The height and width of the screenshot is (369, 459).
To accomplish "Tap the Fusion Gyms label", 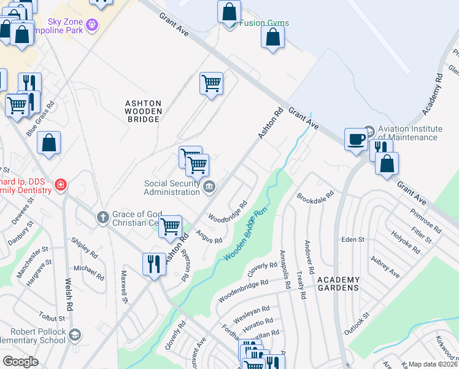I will [264, 23].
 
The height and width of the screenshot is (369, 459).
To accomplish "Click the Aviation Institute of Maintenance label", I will [410, 133].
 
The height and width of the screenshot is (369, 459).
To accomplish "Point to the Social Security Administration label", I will [172, 188].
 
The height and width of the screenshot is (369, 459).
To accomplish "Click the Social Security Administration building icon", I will [209, 187].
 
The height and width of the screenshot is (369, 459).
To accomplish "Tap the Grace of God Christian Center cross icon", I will [102, 216].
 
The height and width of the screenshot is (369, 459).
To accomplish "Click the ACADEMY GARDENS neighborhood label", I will [338, 284].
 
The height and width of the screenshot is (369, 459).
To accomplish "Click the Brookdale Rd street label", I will [315, 196].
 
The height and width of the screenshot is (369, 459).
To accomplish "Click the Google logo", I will [20, 361].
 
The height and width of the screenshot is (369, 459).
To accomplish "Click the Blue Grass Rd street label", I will [40, 119].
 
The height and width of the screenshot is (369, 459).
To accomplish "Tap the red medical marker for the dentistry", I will [60, 184].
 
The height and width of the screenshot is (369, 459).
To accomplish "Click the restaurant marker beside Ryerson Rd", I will [153, 264].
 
